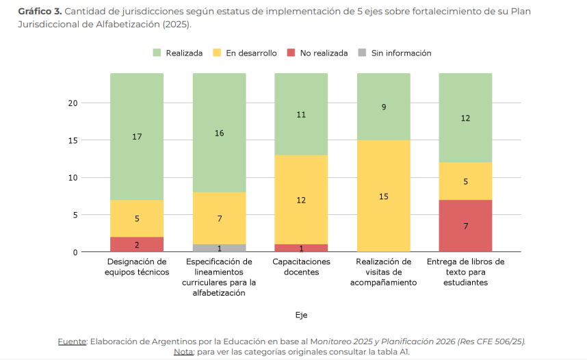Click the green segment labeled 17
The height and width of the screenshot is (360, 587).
[x=137, y=136]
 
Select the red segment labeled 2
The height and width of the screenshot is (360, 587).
[x=137, y=244]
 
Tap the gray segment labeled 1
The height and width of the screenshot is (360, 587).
[x=219, y=248]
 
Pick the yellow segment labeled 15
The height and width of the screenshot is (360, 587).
[x=383, y=196]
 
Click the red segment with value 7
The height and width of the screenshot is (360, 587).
[x=465, y=226]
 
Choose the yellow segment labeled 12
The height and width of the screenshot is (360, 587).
[x=301, y=200]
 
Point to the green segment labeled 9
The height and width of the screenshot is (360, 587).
[x=383, y=107]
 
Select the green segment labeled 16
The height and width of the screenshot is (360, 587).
[x=219, y=133]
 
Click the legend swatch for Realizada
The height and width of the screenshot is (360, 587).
[x=156, y=53]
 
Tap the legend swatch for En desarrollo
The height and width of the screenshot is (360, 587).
[x=217, y=53]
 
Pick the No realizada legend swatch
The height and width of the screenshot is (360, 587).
[x=290, y=53]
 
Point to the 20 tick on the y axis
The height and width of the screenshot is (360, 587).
[x=73, y=103]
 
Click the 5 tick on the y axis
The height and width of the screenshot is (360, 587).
[x=75, y=215]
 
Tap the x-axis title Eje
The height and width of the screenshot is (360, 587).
[x=301, y=315]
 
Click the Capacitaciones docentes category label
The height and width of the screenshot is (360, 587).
[x=301, y=267]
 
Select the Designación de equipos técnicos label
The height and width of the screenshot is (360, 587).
[x=137, y=267]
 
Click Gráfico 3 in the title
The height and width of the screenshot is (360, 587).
[x=40, y=12]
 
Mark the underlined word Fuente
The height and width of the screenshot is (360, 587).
[x=72, y=342]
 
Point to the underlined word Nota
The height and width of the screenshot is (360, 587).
[x=183, y=352]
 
